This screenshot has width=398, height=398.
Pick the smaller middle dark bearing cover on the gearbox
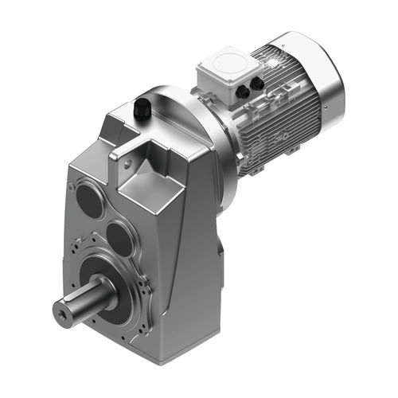pyautogui.click(x=119, y=237)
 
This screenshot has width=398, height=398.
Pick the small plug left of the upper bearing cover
pyautogui.click(x=73, y=189)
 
